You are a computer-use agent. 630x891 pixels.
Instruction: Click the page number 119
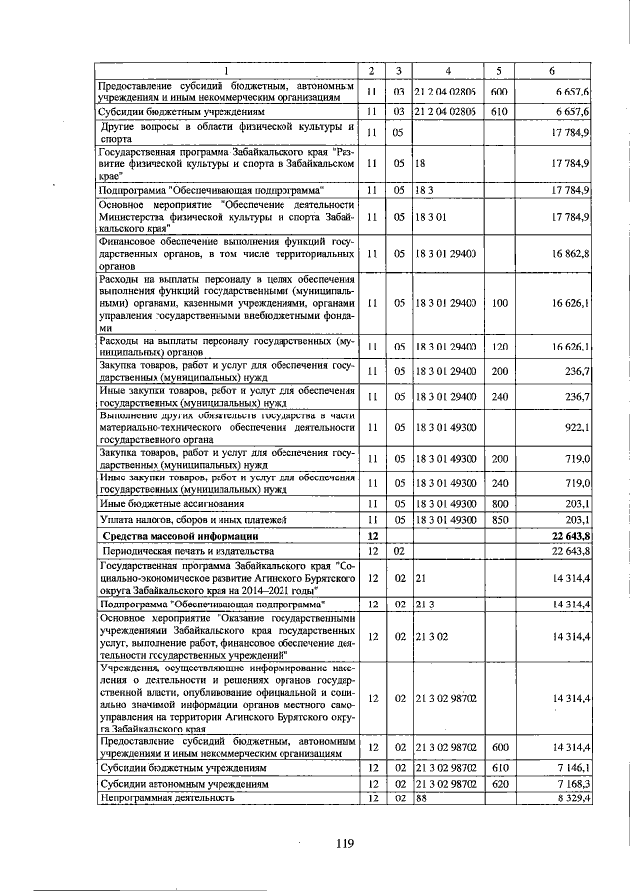(343, 842)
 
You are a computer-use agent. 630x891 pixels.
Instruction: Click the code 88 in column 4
(421, 797)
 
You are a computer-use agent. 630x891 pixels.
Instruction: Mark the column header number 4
(447, 71)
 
